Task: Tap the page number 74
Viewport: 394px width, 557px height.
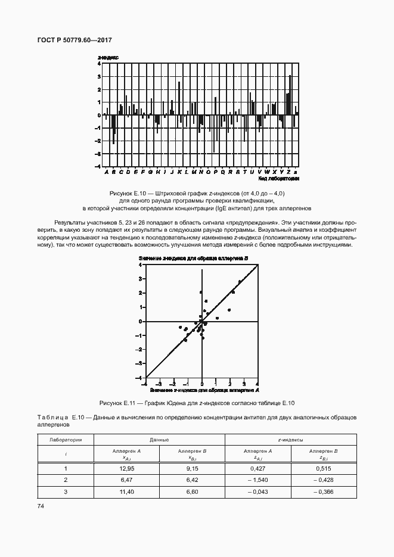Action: pos(41,506)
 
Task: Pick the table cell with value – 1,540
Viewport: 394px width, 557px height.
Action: pos(258,480)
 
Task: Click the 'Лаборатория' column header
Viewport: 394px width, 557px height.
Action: pos(66,439)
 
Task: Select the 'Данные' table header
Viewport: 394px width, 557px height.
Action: pos(159,439)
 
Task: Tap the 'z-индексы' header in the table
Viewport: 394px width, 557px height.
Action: pos(291,439)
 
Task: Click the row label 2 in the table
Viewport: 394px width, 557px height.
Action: pos(66,480)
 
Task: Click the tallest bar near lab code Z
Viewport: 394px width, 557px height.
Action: pos(290,95)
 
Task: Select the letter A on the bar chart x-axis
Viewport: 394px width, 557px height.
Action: pos(106,172)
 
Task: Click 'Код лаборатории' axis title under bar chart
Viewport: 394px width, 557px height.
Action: pos(278,178)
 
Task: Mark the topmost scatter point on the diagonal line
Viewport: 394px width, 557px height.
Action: pos(240,281)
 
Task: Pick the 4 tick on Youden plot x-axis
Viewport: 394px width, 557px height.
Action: pos(257,384)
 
